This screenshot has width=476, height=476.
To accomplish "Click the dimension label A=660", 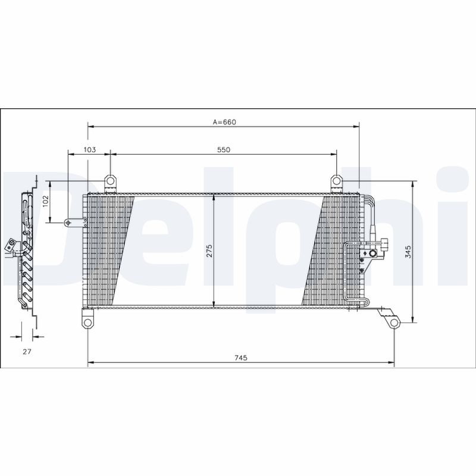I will (225, 121).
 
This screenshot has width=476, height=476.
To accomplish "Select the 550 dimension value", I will (223, 150).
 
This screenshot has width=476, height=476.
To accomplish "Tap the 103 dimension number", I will (90, 150).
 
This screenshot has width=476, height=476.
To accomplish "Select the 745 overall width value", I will (240, 358).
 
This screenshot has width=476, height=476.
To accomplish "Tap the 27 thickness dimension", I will (27, 352).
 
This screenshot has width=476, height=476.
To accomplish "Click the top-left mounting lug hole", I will (110, 180).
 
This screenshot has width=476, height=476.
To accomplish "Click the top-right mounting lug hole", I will (336, 180).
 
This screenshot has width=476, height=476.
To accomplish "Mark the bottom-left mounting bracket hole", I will (87, 322).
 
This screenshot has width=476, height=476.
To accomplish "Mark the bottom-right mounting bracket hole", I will (393, 322).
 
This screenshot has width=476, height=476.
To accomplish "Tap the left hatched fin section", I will (110, 250).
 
